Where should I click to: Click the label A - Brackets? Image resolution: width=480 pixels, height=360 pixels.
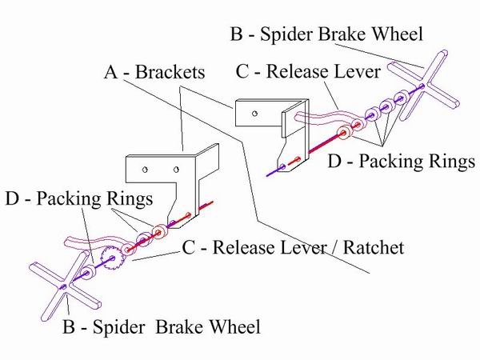click(154, 73)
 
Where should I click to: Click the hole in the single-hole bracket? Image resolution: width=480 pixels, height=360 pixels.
click(254, 114)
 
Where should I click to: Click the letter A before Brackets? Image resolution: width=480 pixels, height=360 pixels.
click(111, 73)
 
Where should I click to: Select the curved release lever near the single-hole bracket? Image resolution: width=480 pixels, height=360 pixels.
click(320, 119)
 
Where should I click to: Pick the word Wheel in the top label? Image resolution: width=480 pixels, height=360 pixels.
click(400, 34)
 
